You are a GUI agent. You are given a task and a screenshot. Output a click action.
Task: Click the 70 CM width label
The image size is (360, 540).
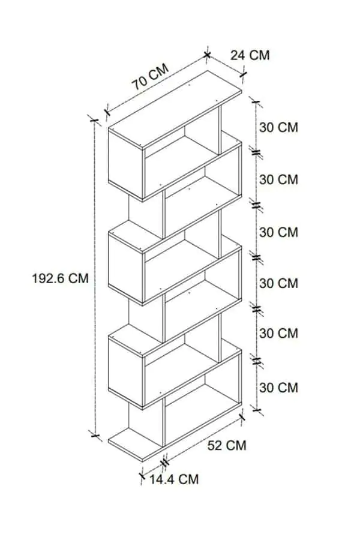[x=151, y=77]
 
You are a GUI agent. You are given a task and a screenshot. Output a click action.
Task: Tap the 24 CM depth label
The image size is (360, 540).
[x=250, y=55]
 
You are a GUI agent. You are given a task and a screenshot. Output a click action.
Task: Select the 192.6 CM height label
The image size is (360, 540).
[x=60, y=278]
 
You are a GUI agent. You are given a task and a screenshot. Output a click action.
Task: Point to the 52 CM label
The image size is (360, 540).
[x=227, y=445]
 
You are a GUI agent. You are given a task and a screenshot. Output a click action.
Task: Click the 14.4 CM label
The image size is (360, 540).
[x=174, y=479]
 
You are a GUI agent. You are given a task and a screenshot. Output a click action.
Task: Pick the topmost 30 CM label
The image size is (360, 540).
[x=278, y=127]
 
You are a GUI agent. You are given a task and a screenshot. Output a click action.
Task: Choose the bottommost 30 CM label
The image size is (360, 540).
[x=278, y=388]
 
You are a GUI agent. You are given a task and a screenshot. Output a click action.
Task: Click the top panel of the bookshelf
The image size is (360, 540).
[x=175, y=110]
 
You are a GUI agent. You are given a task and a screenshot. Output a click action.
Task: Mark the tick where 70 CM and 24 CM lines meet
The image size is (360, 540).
[x=207, y=55]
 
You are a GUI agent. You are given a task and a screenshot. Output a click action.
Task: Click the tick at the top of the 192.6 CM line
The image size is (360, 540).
[x=94, y=120]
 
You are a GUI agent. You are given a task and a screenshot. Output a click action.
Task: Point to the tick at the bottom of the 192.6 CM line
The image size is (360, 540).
[x=94, y=436]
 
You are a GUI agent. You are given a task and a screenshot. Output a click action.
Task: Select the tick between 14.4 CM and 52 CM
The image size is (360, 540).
[x=165, y=462]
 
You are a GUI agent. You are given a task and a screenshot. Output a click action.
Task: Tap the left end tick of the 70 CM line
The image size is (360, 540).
[x=107, y=112]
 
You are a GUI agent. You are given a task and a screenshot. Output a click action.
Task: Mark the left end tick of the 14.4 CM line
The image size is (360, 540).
[x=142, y=476]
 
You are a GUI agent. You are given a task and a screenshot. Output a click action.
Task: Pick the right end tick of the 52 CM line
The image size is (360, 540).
[x=242, y=417]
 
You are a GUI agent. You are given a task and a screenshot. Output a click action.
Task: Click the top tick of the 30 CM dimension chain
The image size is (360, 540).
[x=256, y=101]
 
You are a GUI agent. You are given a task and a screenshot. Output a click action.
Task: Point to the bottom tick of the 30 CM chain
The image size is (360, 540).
[x=257, y=410]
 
